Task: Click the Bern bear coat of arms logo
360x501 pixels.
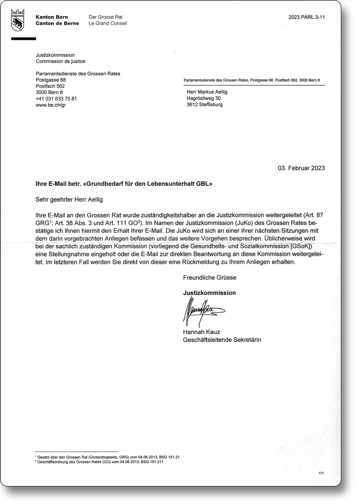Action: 18,20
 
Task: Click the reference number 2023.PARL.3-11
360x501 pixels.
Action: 306,17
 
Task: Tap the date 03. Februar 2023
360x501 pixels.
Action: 301,168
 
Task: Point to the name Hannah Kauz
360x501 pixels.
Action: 202,332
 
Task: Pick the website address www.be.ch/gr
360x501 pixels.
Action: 50,105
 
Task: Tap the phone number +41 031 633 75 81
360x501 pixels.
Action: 56,99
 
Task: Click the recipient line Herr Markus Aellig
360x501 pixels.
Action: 207,92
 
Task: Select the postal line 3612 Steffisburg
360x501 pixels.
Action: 205,104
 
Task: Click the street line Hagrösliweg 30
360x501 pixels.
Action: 204,98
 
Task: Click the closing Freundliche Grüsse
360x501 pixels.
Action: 210,277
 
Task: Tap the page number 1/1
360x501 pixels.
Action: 321,473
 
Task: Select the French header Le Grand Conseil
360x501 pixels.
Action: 108,23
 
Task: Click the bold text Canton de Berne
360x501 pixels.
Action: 57,23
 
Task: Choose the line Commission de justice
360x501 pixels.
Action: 60,61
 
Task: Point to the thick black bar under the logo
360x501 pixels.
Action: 24,39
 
